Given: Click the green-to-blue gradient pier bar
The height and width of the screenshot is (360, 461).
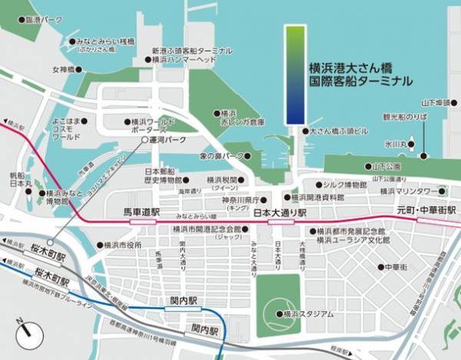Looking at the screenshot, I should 295,74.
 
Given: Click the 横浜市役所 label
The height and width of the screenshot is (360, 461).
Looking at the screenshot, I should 123,246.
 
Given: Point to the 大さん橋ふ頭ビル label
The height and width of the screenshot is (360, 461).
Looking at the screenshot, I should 339,131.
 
